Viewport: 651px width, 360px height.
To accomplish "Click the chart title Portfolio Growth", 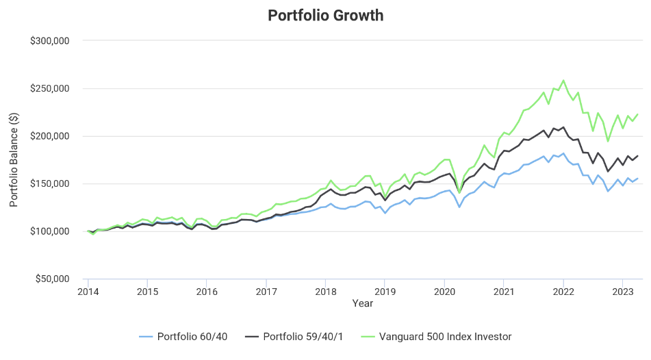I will (325, 15).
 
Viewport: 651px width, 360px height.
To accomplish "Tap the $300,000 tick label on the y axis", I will (49, 41).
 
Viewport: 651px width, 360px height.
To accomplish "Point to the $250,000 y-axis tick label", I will (49, 88).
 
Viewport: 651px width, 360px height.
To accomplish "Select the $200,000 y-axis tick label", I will (49, 136).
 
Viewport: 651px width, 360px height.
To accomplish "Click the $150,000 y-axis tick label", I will (49, 183).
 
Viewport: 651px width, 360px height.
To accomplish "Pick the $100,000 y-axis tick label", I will (49, 231).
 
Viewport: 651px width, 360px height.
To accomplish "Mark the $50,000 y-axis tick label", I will (51, 279).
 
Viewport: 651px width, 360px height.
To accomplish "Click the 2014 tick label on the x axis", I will (88, 291).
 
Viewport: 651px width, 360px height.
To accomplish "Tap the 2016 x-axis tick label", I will (207, 291).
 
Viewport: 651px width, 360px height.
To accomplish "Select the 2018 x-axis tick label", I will (325, 291).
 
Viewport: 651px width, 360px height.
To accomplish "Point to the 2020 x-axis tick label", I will (444, 291).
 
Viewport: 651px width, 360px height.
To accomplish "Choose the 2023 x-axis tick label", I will (622, 291).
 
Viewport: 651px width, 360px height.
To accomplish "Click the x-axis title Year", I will (362, 303).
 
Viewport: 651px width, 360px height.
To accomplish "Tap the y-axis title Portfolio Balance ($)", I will (14, 159).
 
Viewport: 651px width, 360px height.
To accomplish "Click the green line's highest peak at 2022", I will (563, 80).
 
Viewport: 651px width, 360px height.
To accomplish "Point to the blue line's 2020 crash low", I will (459, 207).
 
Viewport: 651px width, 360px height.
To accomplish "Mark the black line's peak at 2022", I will (563, 127).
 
